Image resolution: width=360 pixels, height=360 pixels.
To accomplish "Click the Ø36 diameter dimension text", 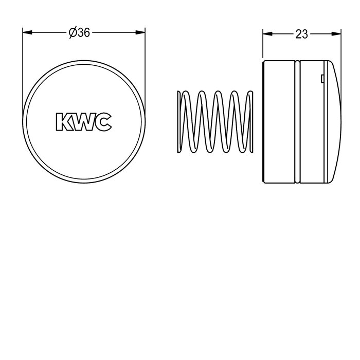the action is pyautogui.click(x=79, y=33).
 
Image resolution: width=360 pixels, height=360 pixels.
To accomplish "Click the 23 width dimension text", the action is pyautogui.click(x=301, y=34).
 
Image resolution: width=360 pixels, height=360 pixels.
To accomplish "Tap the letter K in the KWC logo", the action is pyautogui.click(x=63, y=122).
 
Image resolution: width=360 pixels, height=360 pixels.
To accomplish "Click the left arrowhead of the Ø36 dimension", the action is pyautogui.click(x=27, y=32).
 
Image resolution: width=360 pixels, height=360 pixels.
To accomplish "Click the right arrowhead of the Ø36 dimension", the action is pyautogui.click(x=140, y=32).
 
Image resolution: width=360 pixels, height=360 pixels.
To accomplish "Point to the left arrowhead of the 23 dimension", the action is pyautogui.click(x=267, y=34).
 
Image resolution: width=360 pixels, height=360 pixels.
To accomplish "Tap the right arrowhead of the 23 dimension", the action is pyautogui.click(x=336, y=34).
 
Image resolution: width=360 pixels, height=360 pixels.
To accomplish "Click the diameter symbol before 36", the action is pyautogui.click(x=73, y=33).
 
